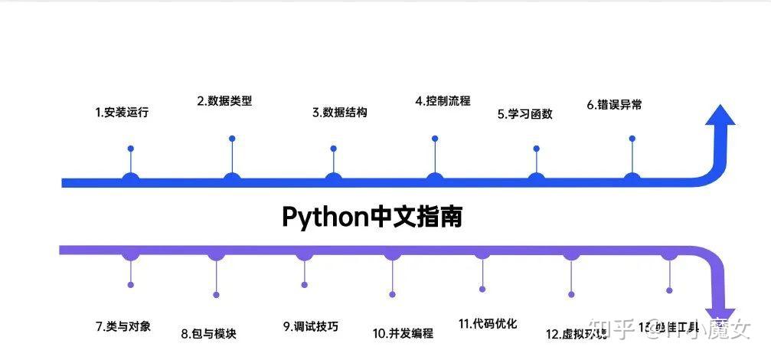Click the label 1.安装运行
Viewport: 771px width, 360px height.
tap(122, 113)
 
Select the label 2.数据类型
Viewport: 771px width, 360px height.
tap(224, 101)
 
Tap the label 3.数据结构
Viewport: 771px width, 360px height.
tap(339, 112)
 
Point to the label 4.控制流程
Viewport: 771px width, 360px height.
tap(443, 100)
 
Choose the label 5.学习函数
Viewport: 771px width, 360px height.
tap(524, 114)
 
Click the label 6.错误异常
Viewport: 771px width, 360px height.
tap(614, 105)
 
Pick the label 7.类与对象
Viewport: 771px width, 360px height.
tap(123, 326)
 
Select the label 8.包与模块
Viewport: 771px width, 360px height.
tap(209, 333)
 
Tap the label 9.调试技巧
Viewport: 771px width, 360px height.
tap(310, 326)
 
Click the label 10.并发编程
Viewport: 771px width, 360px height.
tap(403, 333)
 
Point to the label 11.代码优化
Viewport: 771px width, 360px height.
tap(488, 323)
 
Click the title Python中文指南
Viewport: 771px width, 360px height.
tap(372, 217)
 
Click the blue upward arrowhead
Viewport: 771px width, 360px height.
tap(720, 115)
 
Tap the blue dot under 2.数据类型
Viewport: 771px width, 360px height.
tap(232, 139)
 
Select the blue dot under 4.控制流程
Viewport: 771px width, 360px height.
tap(435, 139)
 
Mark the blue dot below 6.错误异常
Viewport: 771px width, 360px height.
tap(632, 139)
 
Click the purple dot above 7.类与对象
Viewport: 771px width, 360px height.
tap(131, 285)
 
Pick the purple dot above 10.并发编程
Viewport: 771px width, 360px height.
tap(393, 294)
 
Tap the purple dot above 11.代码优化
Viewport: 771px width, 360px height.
tap(482, 290)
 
